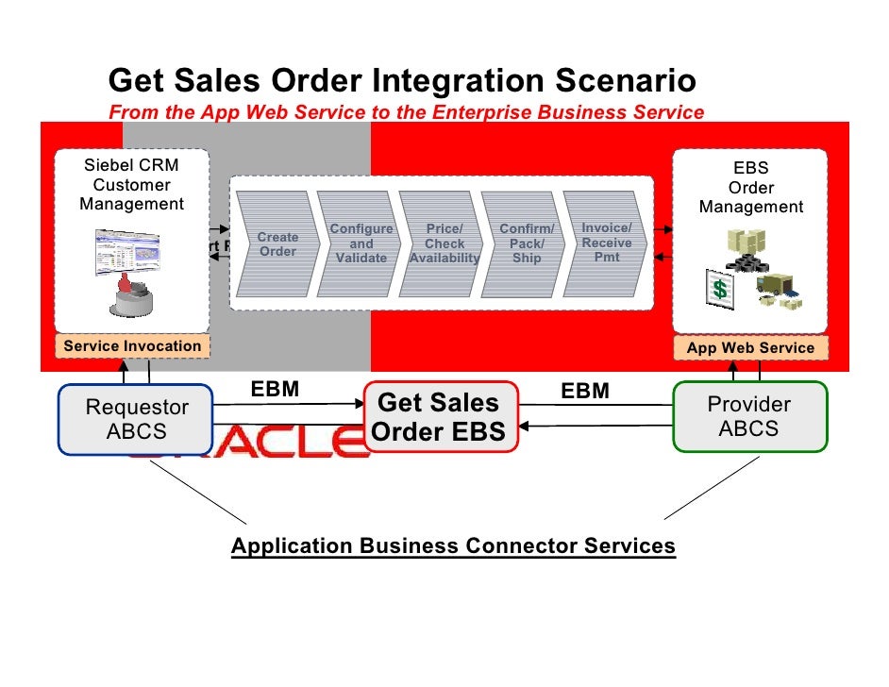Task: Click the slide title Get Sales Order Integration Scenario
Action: pyautogui.click(x=403, y=81)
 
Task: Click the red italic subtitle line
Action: pyautogui.click(x=407, y=112)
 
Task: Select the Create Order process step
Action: pyautogui.click(x=277, y=244)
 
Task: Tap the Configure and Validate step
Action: pyautogui.click(x=361, y=243)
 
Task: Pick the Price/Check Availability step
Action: pyautogui.click(x=444, y=243)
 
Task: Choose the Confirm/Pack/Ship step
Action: pyautogui.click(x=526, y=243)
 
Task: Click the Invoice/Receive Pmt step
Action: pyautogui.click(x=607, y=243)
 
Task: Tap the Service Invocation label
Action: pyautogui.click(x=132, y=346)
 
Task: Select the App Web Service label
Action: pyautogui.click(x=750, y=348)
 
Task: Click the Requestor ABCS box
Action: pyautogui.click(x=138, y=419)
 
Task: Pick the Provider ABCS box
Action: pyautogui.click(x=749, y=416)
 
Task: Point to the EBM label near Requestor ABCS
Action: pyautogui.click(x=275, y=390)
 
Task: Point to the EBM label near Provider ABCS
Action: pyautogui.click(x=585, y=391)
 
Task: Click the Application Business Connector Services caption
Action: pyautogui.click(x=454, y=546)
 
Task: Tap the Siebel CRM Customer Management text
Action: pyautogui.click(x=132, y=185)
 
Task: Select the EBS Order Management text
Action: pyautogui.click(x=751, y=188)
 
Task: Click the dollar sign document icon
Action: pyautogui.click(x=720, y=290)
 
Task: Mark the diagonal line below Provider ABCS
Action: pyautogui.click(x=713, y=490)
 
